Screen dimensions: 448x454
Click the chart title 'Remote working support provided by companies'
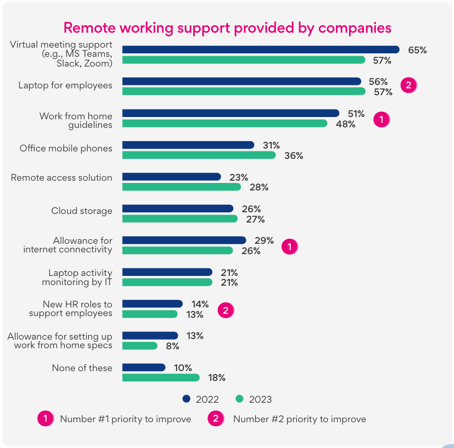click(227, 28)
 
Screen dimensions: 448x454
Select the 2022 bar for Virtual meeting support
click(260, 49)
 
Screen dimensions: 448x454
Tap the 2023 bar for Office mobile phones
click(198, 155)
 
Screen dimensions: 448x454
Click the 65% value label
click(417, 50)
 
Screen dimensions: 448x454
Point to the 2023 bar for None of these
click(161, 377)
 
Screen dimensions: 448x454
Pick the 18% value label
click(217, 377)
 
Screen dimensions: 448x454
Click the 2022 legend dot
click(186, 399)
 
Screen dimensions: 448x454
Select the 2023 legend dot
click(240, 399)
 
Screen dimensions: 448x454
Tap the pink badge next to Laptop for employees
click(408, 85)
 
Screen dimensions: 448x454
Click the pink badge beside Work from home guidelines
click(381, 119)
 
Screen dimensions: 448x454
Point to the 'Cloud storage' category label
click(81, 211)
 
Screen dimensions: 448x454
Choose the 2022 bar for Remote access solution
click(171, 177)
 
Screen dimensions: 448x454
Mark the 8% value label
click(173, 346)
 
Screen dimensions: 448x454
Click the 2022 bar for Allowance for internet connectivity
click(183, 240)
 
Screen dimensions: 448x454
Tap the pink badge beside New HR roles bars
click(226, 310)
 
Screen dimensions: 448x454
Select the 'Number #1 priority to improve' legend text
click(126, 419)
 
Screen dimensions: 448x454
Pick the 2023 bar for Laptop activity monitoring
click(167, 282)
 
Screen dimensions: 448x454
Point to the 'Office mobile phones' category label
click(66, 148)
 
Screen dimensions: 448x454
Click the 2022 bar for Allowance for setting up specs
click(150, 336)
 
